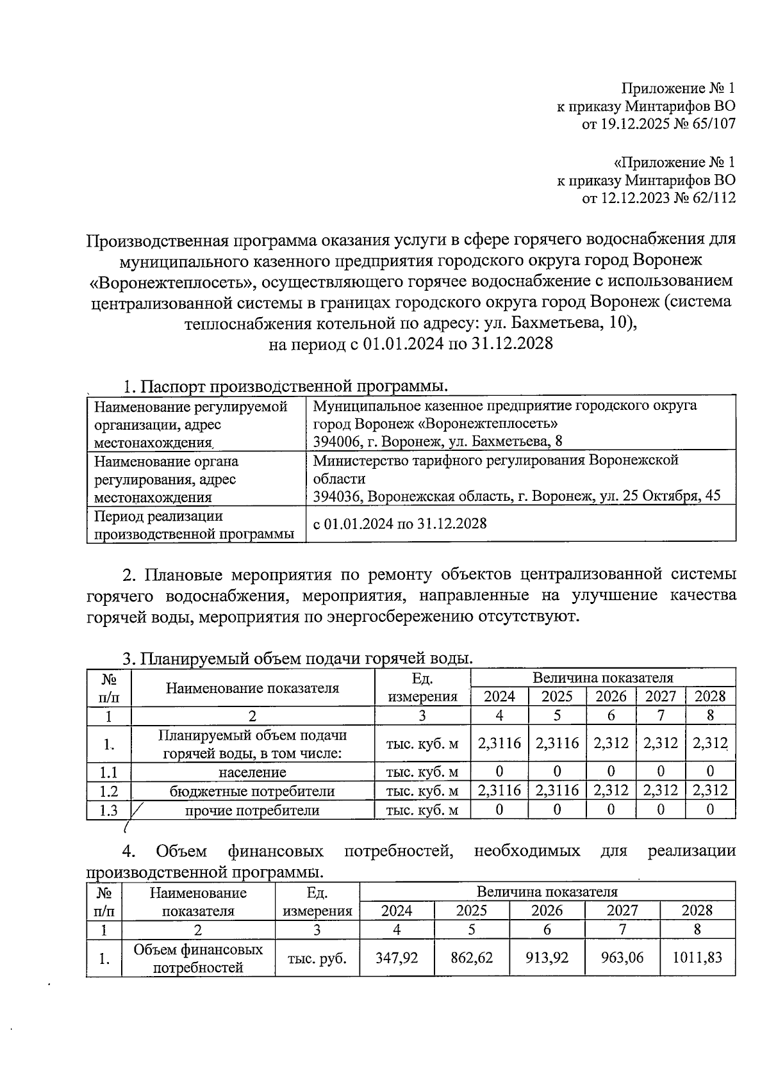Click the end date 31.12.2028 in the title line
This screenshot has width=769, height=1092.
coord(512,344)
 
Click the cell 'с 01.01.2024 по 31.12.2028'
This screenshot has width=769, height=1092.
coord(400,523)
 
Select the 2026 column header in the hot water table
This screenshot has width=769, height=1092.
coord(611,696)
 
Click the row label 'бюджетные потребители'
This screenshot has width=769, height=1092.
coord(252,791)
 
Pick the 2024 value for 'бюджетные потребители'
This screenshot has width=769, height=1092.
coord(499,791)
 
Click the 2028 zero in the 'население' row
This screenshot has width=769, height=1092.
coord(710,772)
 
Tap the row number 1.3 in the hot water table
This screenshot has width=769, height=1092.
coord(109,810)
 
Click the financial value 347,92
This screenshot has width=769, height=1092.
coord(397,958)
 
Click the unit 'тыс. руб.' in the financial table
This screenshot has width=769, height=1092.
coord(317,958)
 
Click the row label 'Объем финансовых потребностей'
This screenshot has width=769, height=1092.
coord(198,958)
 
